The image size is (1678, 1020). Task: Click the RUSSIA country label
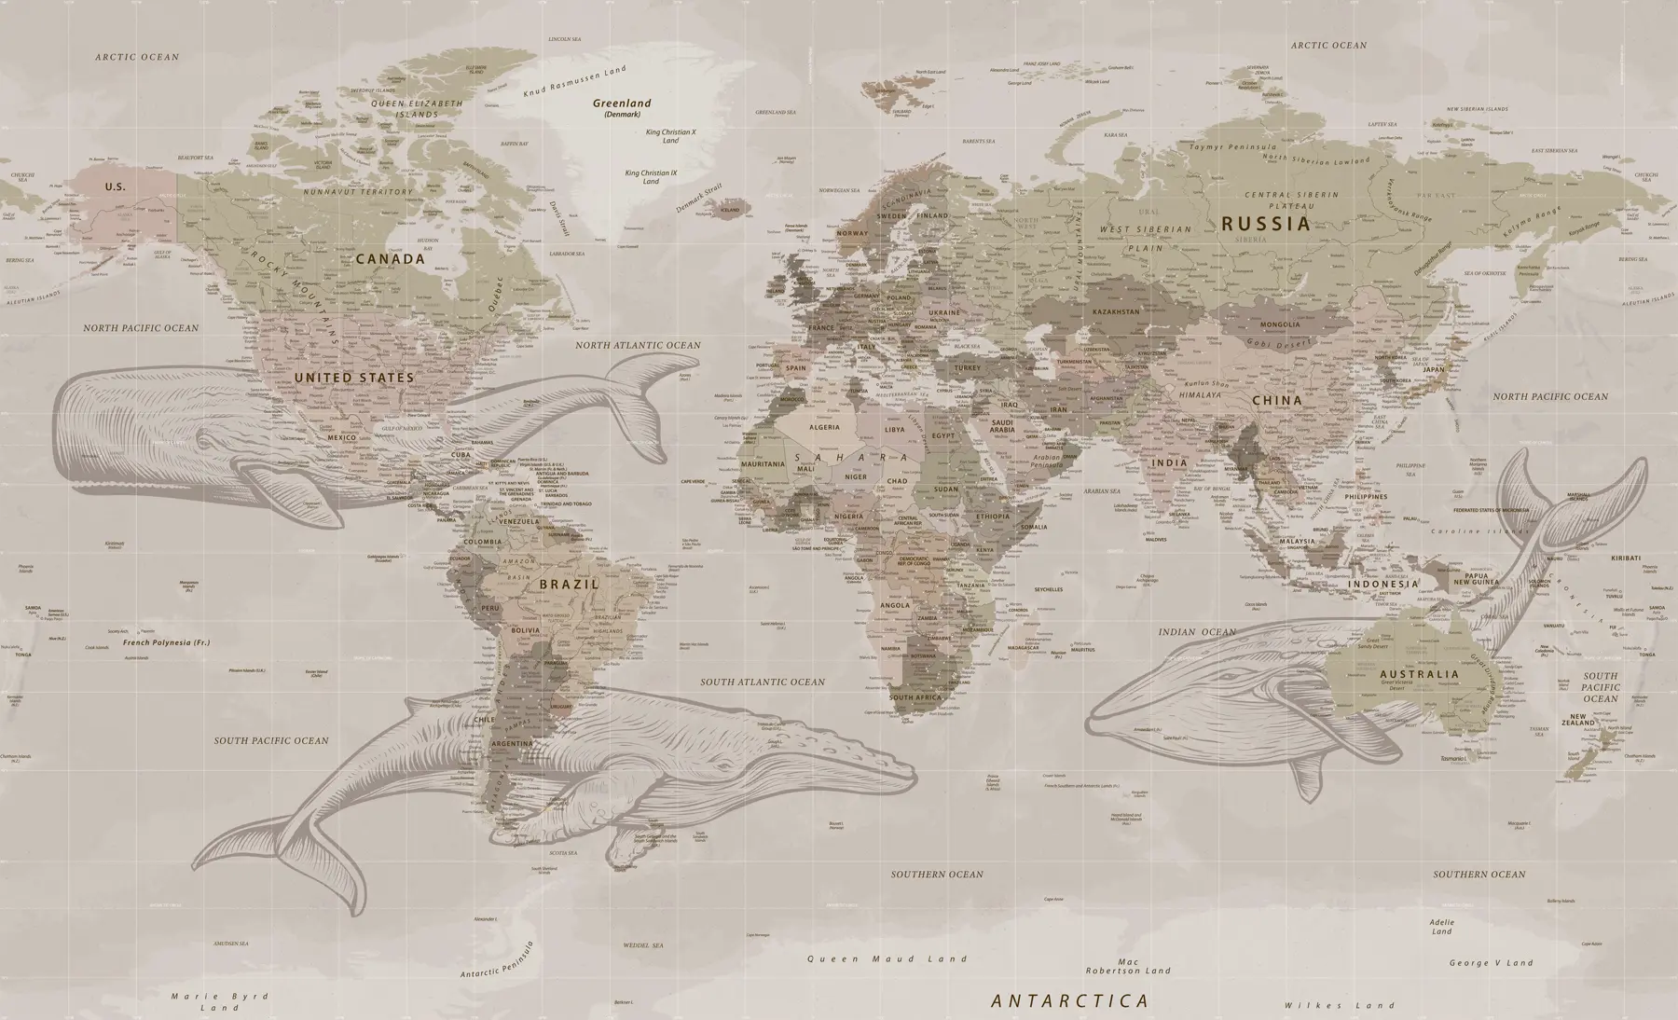click(x=1265, y=224)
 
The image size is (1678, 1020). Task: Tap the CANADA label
click(x=390, y=259)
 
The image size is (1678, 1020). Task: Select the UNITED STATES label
click(x=353, y=378)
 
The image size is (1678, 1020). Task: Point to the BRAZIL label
click(x=568, y=585)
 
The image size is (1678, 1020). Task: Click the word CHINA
click(x=1276, y=401)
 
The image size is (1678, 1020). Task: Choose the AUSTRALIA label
click(x=1419, y=674)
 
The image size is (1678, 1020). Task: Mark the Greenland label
click(x=623, y=104)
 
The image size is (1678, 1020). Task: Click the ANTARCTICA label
click(x=1069, y=1001)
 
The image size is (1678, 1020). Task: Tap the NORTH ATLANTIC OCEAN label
click(x=637, y=345)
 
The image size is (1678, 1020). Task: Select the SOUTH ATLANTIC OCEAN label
click(x=763, y=682)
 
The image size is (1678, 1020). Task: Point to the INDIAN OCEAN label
click(x=1197, y=632)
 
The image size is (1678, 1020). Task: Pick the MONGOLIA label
click(x=1279, y=324)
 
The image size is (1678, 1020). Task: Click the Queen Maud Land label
click(x=887, y=958)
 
